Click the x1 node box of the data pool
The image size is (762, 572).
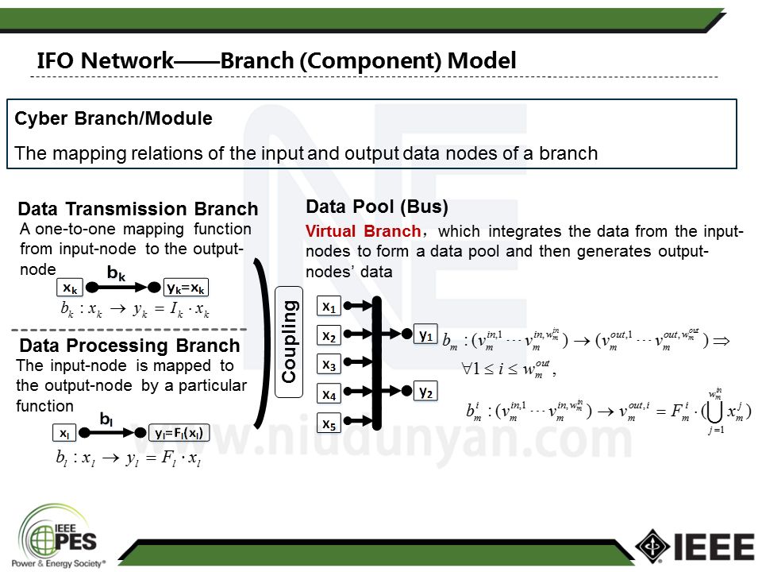tap(329, 307)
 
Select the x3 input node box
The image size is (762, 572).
tap(329, 365)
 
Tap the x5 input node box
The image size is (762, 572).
tap(329, 424)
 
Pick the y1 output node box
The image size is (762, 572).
tap(426, 336)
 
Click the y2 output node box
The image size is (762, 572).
tap(426, 392)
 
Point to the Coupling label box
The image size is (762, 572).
tap(290, 342)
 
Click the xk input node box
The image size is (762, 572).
tap(70, 288)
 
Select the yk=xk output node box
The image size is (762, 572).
tap(187, 288)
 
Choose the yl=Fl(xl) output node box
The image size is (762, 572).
tap(179, 434)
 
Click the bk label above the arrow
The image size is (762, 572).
tap(117, 273)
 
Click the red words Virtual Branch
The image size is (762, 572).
tap(363, 232)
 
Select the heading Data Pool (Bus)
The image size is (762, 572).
tap(377, 208)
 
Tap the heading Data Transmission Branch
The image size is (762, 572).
tap(137, 210)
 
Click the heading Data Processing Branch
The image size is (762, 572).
tap(129, 346)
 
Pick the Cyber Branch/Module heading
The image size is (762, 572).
tap(114, 119)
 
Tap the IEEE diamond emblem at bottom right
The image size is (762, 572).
tap(652, 546)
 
